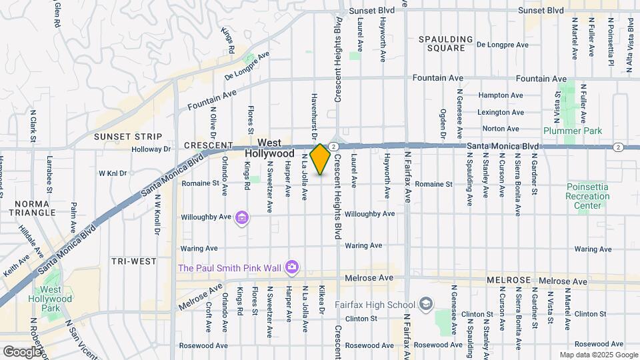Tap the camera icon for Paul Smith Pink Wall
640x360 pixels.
(x=291, y=268)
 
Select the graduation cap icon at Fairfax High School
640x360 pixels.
(x=425, y=305)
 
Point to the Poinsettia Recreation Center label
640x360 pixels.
(x=587, y=196)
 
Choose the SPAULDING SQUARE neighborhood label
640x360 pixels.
(x=442, y=44)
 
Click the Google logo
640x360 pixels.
(x=22, y=351)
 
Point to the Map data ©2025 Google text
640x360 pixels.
(x=598, y=355)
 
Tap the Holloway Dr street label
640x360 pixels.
(x=152, y=150)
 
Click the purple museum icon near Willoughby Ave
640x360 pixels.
(x=241, y=217)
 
